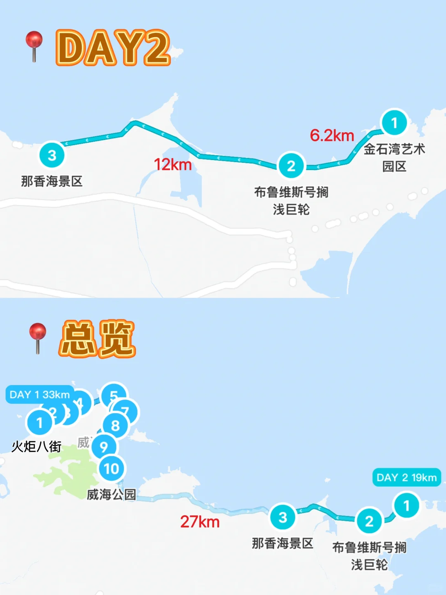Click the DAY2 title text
[113, 48]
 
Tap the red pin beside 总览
[38, 336]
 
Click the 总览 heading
[97, 339]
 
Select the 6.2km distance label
[332, 136]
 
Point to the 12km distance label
[173, 164]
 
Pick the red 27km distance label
[200, 522]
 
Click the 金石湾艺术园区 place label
[394, 157]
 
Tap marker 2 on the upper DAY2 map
[291, 166]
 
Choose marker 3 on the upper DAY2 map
[52, 155]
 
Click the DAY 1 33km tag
[40, 395]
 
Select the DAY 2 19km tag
[406, 478]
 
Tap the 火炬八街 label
[36, 447]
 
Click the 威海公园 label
[111, 495]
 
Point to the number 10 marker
[111, 469]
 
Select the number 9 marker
[104, 446]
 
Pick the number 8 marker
[115, 425]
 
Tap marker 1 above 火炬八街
[40, 423]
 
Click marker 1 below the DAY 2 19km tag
[406, 505]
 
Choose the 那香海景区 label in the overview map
[282, 543]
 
